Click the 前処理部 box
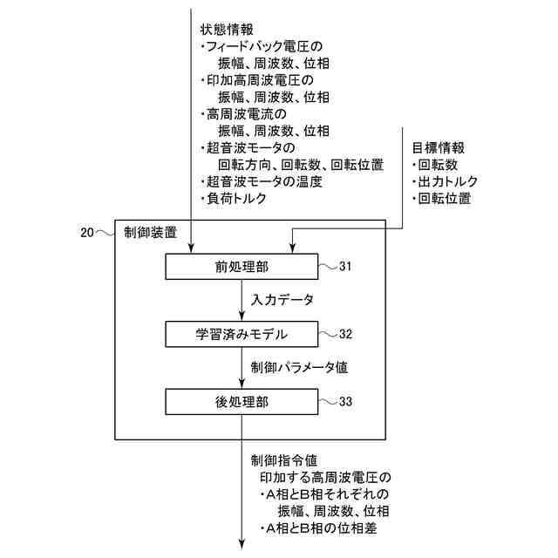click(242, 266)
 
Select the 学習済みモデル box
click(242, 334)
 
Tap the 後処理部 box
click(242, 401)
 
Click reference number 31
click(345, 266)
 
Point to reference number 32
click(345, 334)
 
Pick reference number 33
click(345, 401)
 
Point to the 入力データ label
click(282, 300)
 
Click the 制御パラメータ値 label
click(299, 367)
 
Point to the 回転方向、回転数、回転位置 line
click(300, 165)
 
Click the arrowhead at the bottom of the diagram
click(243, 547)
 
